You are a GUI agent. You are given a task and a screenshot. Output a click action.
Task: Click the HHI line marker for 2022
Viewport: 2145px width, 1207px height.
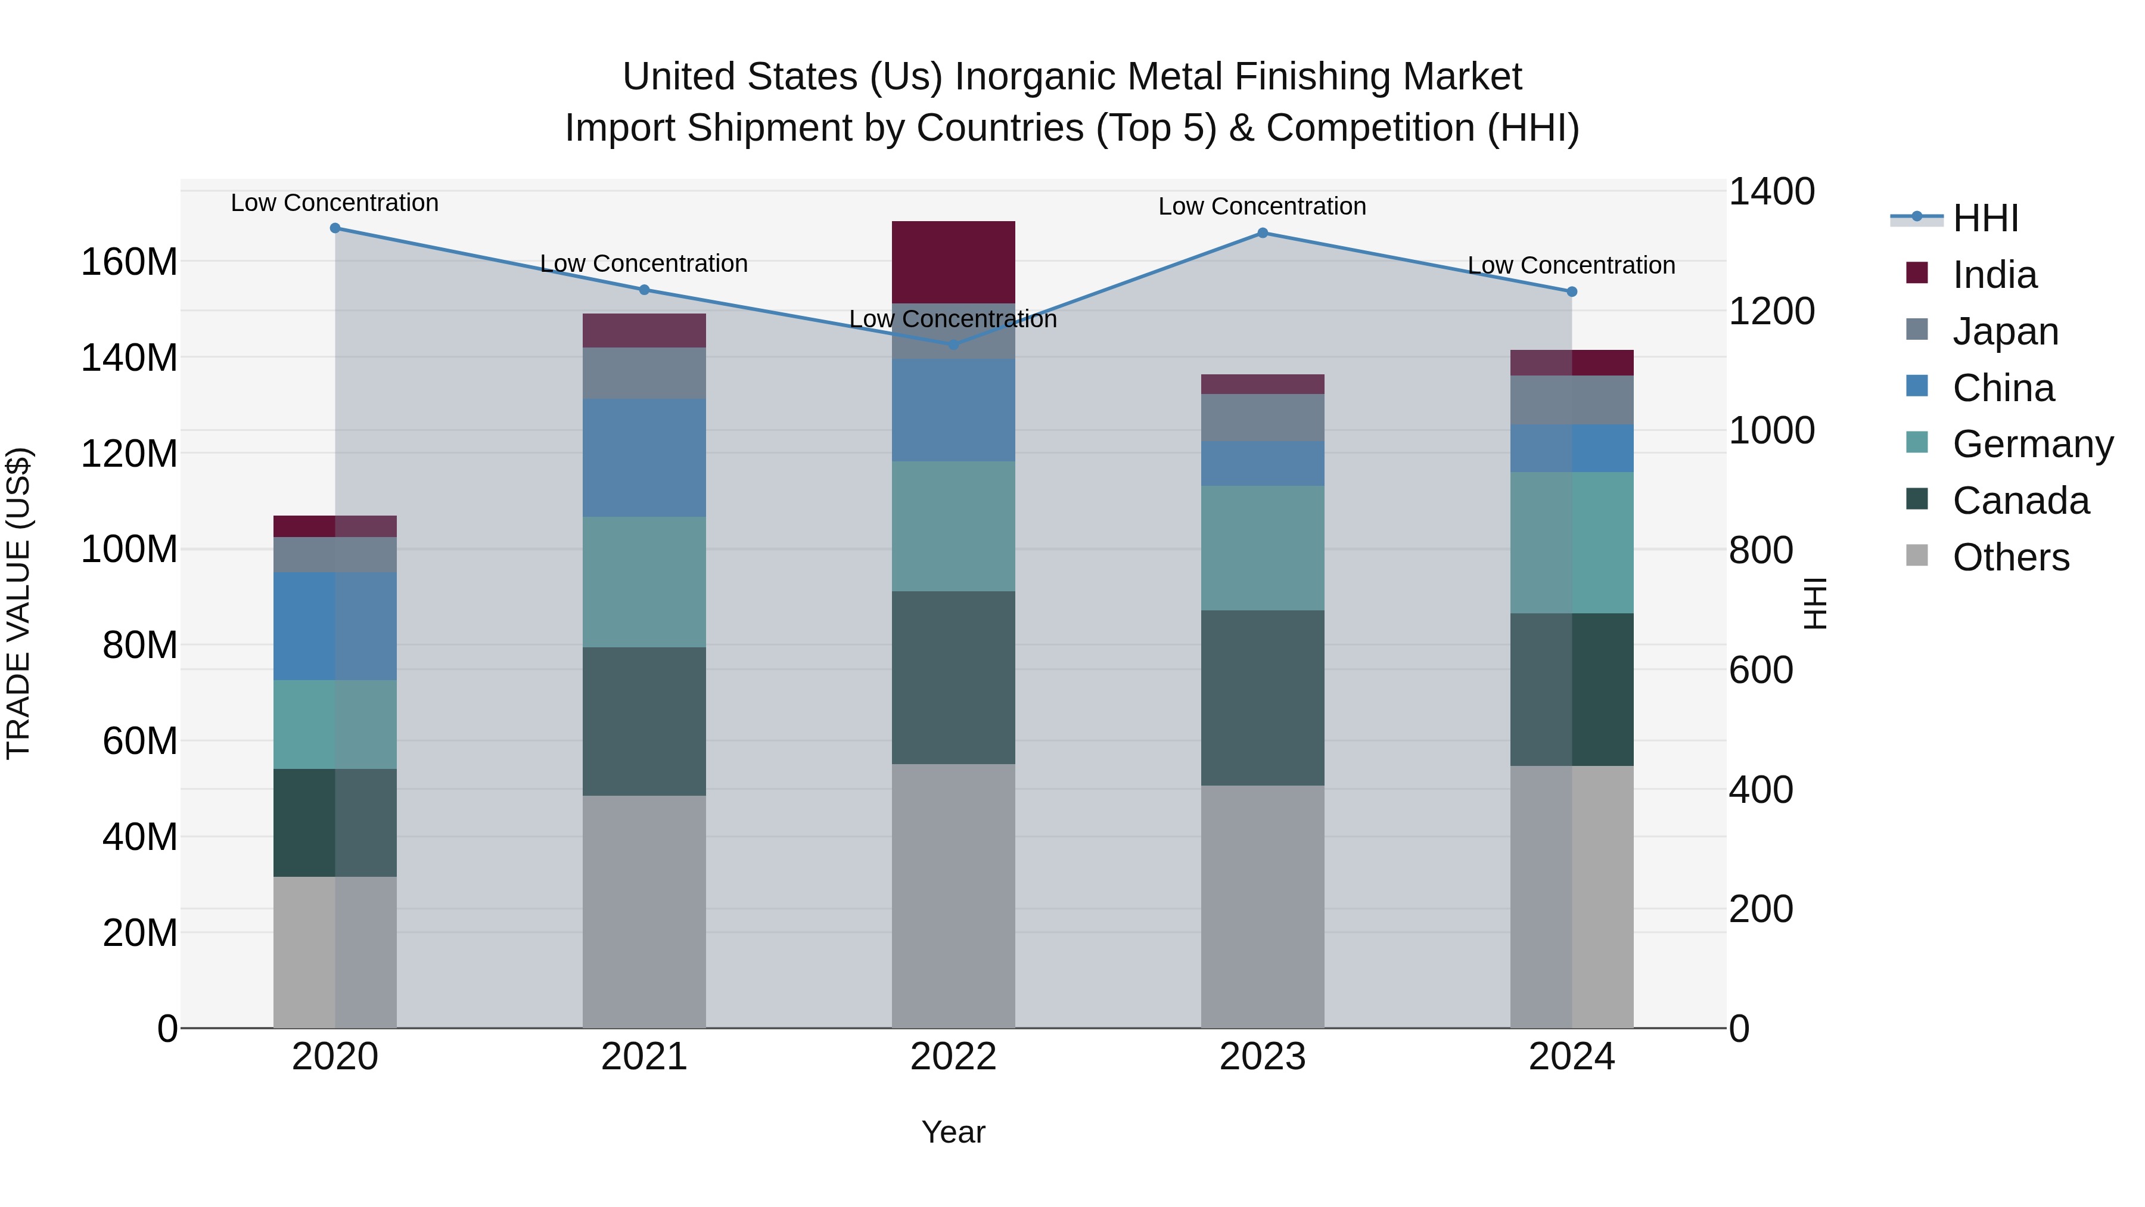953,344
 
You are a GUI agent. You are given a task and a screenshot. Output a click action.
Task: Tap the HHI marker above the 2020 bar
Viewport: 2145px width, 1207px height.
335,228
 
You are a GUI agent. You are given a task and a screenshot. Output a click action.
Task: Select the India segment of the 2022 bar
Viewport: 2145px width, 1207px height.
953,262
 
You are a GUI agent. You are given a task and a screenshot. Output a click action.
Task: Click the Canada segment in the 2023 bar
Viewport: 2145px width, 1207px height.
1263,698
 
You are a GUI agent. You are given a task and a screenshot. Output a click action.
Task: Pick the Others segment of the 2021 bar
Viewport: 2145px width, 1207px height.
643,911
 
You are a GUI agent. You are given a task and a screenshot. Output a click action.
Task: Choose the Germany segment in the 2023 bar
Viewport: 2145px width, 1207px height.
1263,548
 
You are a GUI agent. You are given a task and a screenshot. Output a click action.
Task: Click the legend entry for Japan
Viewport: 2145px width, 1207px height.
2005,331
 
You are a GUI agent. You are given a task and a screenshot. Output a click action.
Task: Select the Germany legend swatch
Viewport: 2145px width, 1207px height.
1917,442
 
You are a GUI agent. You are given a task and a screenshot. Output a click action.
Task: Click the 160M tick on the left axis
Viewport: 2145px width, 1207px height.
129,262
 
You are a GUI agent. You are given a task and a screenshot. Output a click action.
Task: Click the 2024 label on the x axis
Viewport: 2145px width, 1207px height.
1571,1057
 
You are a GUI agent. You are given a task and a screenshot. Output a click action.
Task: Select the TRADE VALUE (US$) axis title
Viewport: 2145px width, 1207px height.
19,603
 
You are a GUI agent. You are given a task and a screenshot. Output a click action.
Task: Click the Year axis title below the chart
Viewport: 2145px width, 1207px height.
953,1132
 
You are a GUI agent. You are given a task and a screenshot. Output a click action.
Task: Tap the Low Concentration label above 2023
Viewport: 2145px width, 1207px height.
1263,207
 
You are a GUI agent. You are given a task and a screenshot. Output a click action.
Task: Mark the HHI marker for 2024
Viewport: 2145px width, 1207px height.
1571,291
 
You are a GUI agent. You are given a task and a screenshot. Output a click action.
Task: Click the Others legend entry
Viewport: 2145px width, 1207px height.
2010,557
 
